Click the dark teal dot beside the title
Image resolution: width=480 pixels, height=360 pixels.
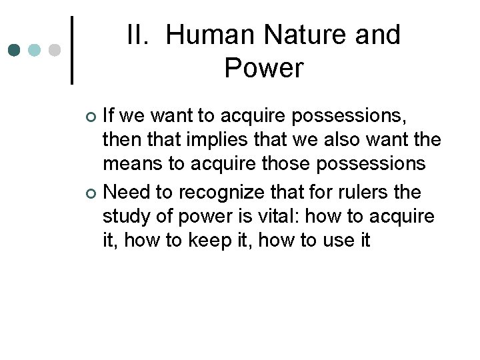14,50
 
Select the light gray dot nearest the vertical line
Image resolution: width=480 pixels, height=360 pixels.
55,50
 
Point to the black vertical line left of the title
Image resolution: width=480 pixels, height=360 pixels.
72,50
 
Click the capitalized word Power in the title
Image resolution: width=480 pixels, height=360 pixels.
263,67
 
